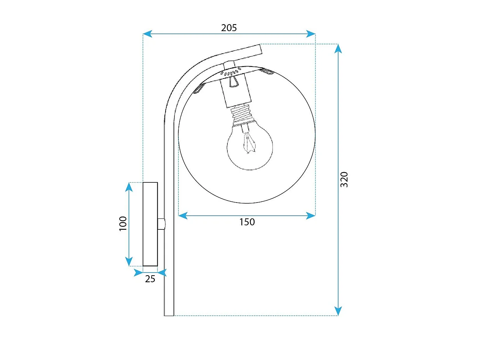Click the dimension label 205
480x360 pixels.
point(229,28)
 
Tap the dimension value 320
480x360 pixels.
point(344,180)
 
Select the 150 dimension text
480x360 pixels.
point(247,222)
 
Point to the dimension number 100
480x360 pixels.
point(123,224)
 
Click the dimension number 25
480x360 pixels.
point(150,279)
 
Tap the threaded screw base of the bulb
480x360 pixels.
point(242,114)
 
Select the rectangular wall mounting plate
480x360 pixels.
point(150,224)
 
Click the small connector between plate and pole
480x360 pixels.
point(161,224)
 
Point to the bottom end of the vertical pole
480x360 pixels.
point(169,316)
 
